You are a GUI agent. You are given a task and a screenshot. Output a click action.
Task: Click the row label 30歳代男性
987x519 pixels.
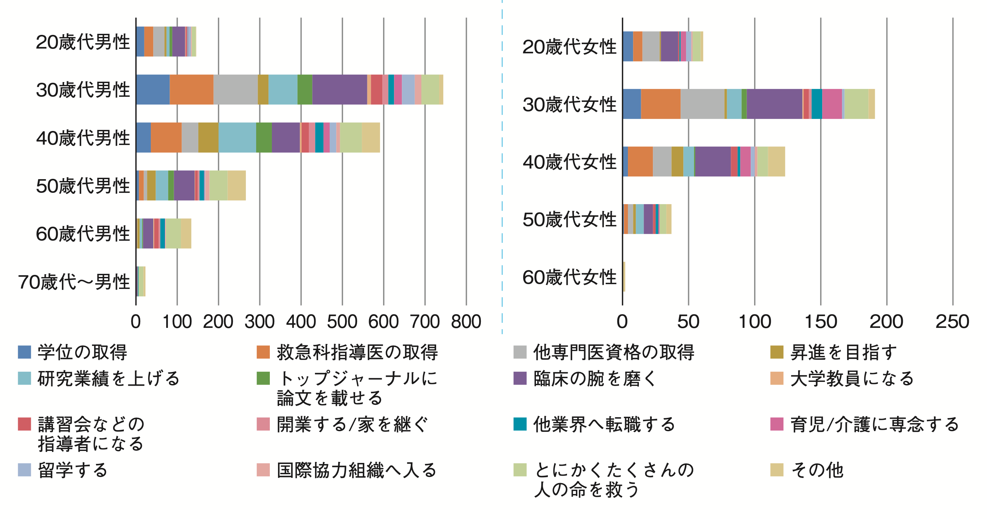(83, 90)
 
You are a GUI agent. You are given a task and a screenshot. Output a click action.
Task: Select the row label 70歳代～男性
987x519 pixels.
(74, 282)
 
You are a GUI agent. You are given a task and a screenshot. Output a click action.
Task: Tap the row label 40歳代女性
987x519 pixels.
(569, 162)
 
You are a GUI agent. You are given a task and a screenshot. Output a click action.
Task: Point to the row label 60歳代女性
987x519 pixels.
(569, 277)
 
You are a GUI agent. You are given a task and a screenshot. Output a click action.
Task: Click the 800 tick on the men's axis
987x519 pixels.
(466, 322)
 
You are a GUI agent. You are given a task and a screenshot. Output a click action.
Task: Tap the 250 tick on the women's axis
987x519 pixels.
(952, 322)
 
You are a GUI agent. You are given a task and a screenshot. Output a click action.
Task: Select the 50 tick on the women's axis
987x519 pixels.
(688, 322)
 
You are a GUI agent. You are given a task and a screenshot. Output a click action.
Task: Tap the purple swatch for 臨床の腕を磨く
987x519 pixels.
(520, 378)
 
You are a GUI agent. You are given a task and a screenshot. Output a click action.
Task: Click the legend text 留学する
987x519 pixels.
(73, 470)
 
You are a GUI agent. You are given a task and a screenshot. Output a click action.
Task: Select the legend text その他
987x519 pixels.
(817, 470)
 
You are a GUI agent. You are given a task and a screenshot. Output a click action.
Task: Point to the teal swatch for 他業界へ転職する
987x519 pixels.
(520, 424)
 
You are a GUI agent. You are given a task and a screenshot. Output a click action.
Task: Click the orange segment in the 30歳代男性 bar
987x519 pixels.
(191, 90)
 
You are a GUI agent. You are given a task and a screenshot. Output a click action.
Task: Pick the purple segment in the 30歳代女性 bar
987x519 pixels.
(774, 104)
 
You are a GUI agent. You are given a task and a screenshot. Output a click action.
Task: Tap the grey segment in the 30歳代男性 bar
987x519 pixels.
(235, 90)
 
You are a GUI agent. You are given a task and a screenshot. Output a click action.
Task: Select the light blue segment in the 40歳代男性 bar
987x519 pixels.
(237, 137)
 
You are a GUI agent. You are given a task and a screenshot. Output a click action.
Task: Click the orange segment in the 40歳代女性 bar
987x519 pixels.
(640, 162)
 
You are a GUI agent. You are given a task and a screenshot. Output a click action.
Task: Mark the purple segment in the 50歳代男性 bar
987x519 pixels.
(184, 185)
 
